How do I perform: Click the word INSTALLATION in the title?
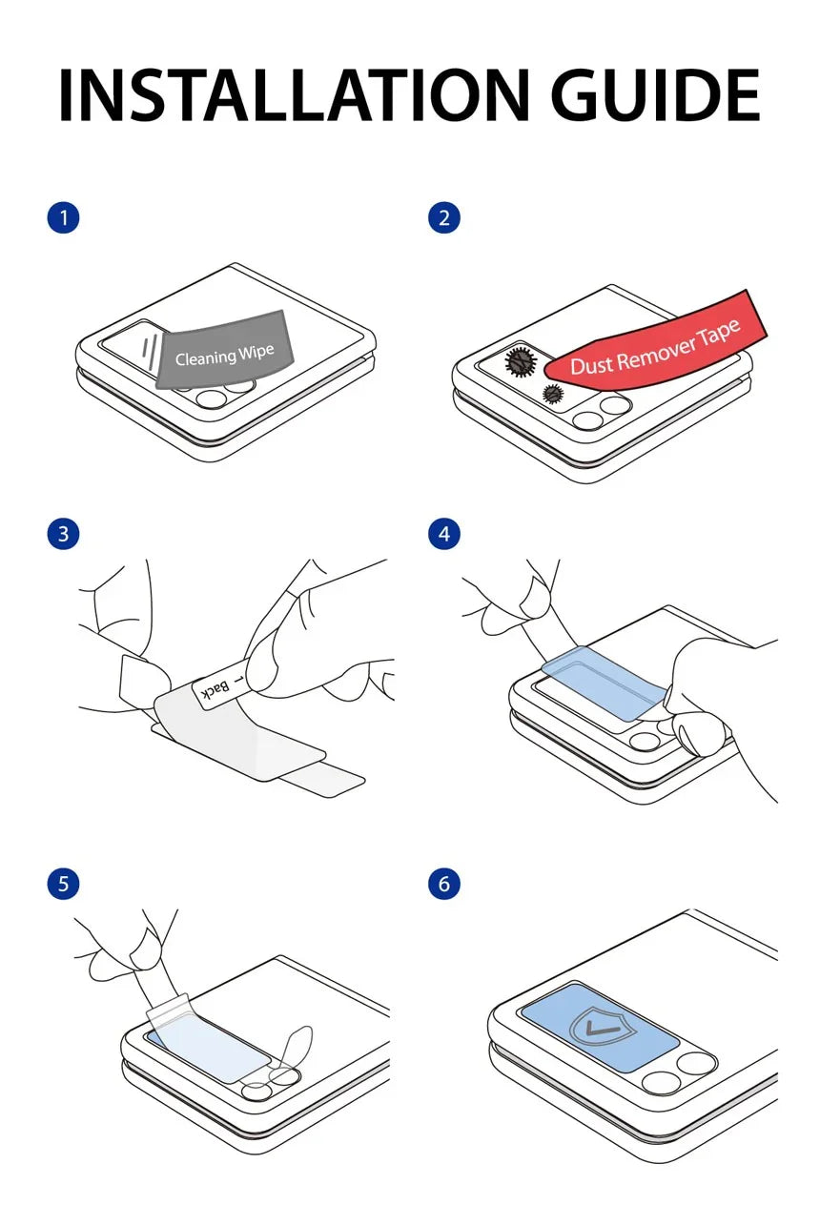[x=295, y=94]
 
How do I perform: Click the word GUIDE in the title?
[x=655, y=94]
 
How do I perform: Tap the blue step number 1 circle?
[x=63, y=218]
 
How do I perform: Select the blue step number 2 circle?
[x=443, y=218]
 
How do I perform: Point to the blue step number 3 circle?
[x=63, y=534]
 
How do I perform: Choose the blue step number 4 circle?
[x=443, y=534]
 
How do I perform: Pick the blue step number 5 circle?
[x=63, y=884]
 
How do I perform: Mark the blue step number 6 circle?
[x=443, y=884]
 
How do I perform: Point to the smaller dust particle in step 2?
[x=552, y=393]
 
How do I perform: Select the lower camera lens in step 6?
[x=661, y=1084]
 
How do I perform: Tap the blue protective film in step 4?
[x=605, y=683]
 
